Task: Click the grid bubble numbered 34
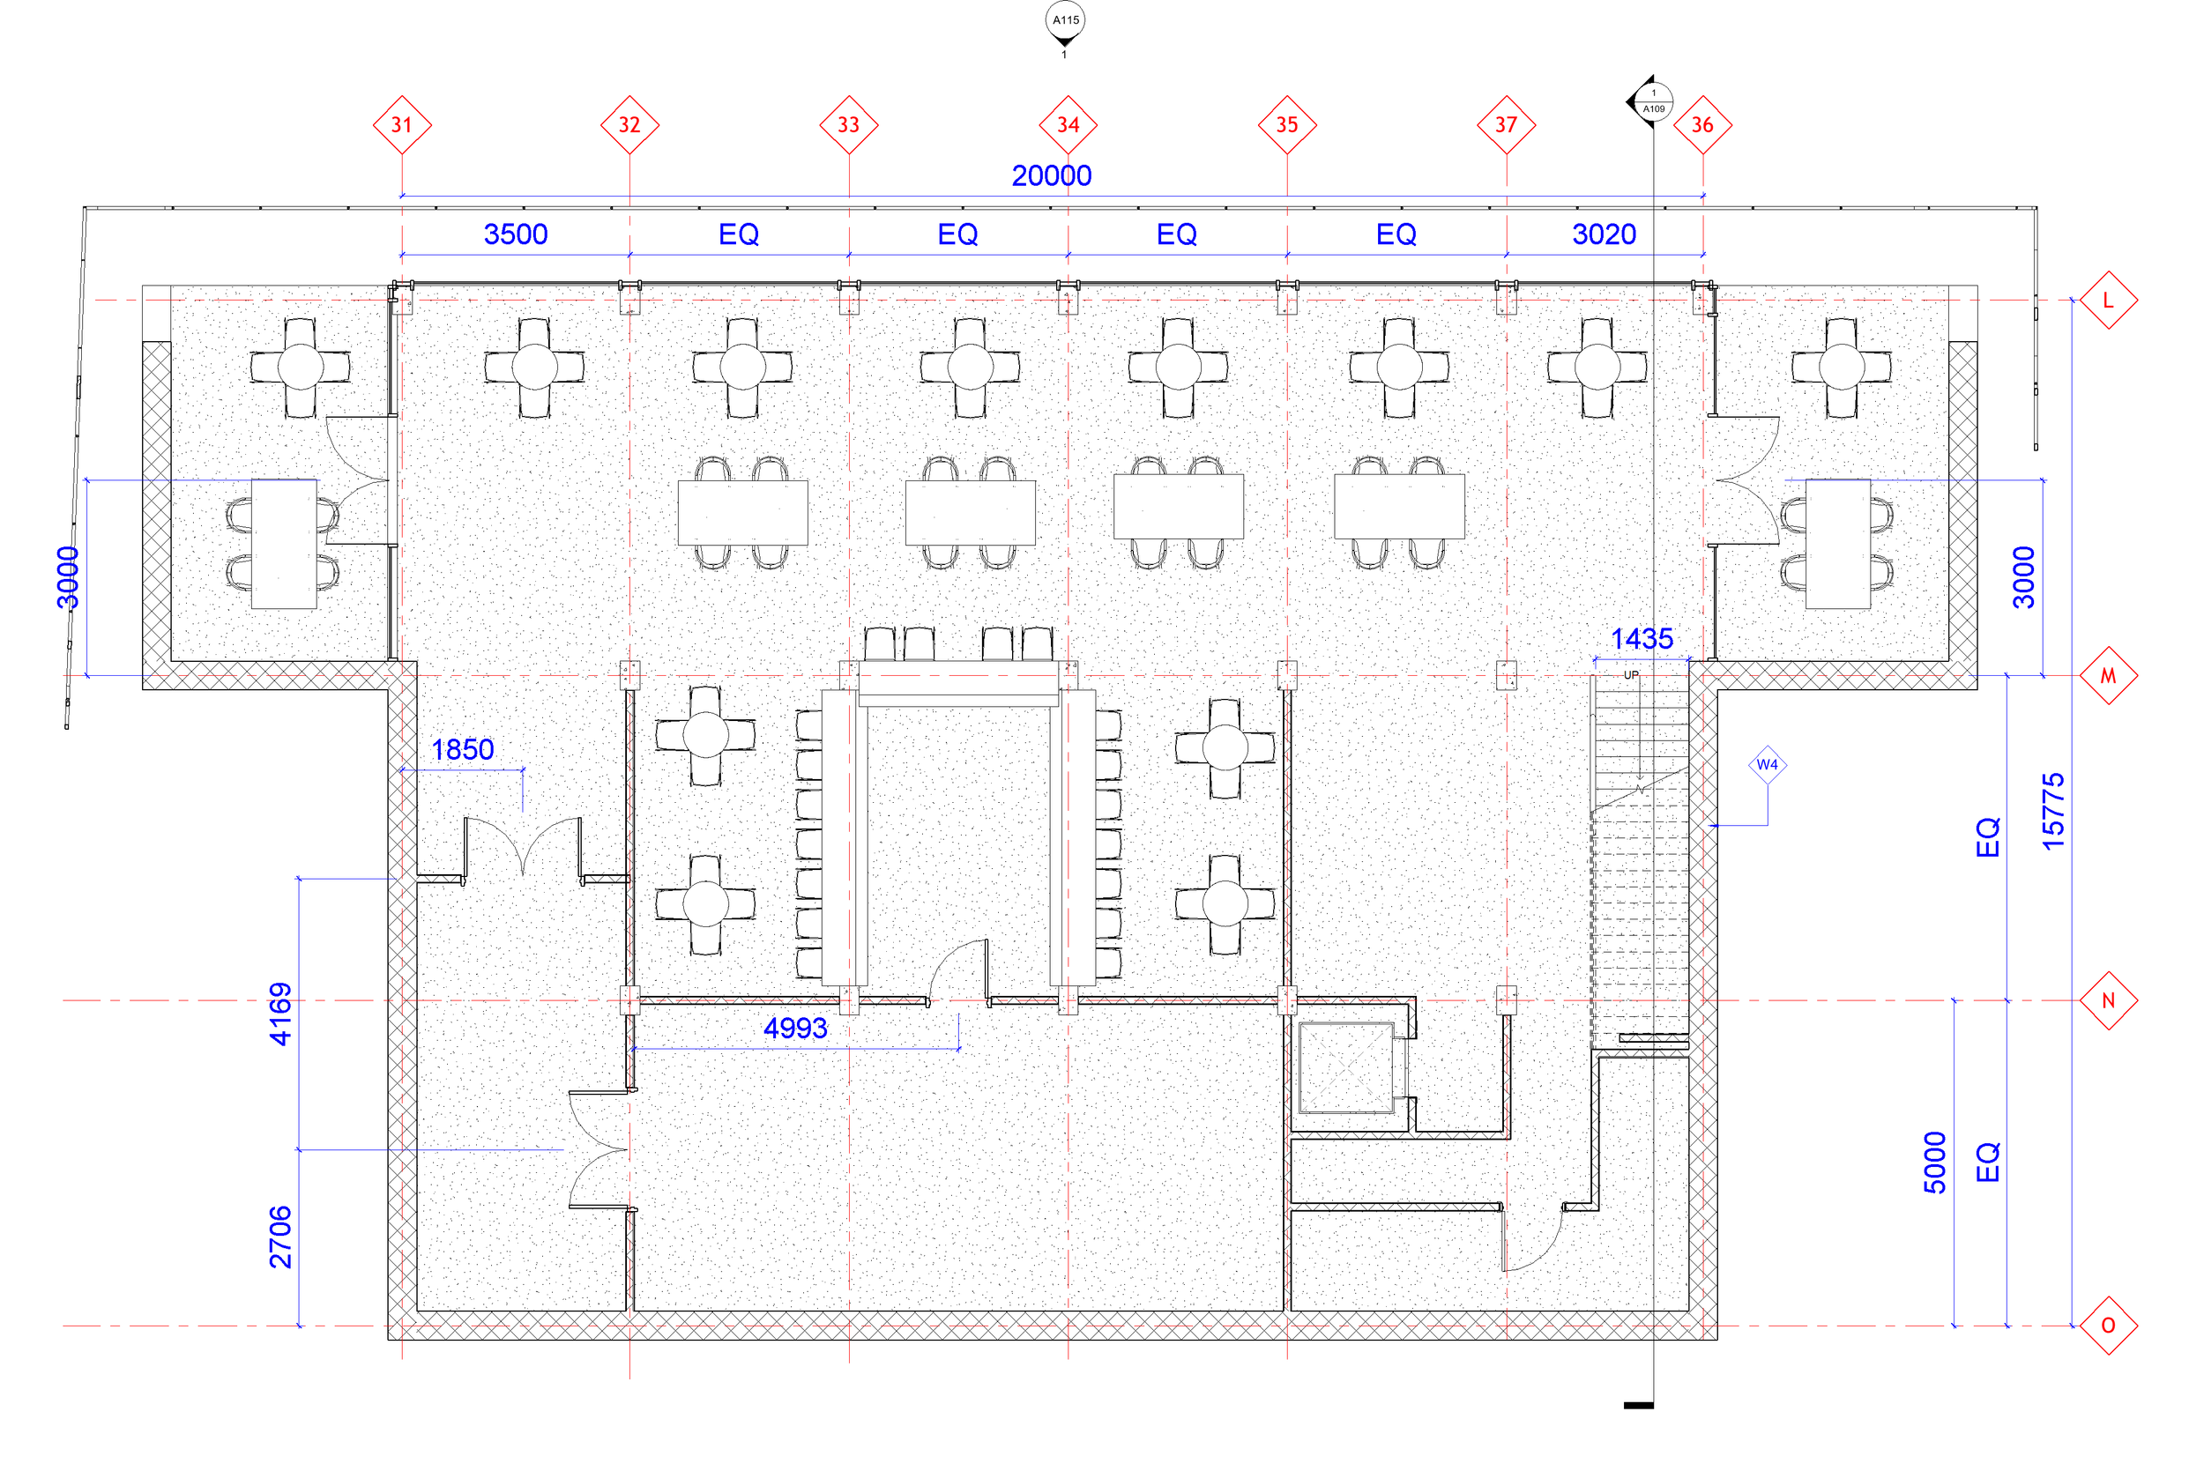(1068, 125)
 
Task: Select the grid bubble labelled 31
(402, 125)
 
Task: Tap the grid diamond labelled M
(2107, 675)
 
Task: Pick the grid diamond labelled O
(2107, 1326)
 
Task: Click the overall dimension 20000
(1051, 175)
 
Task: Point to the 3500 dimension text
(515, 234)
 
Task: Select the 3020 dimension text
(1604, 234)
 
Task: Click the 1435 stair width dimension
(1641, 639)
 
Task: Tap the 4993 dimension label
(794, 1029)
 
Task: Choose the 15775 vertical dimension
(2053, 812)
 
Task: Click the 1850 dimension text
(462, 749)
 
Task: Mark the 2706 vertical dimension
(280, 1237)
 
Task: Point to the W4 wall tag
(1767, 764)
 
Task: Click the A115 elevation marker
(1065, 20)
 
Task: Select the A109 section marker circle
(1653, 101)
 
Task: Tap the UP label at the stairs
(1631, 675)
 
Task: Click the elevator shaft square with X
(1345, 1067)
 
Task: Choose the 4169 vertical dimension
(280, 1014)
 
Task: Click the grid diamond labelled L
(2107, 301)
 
